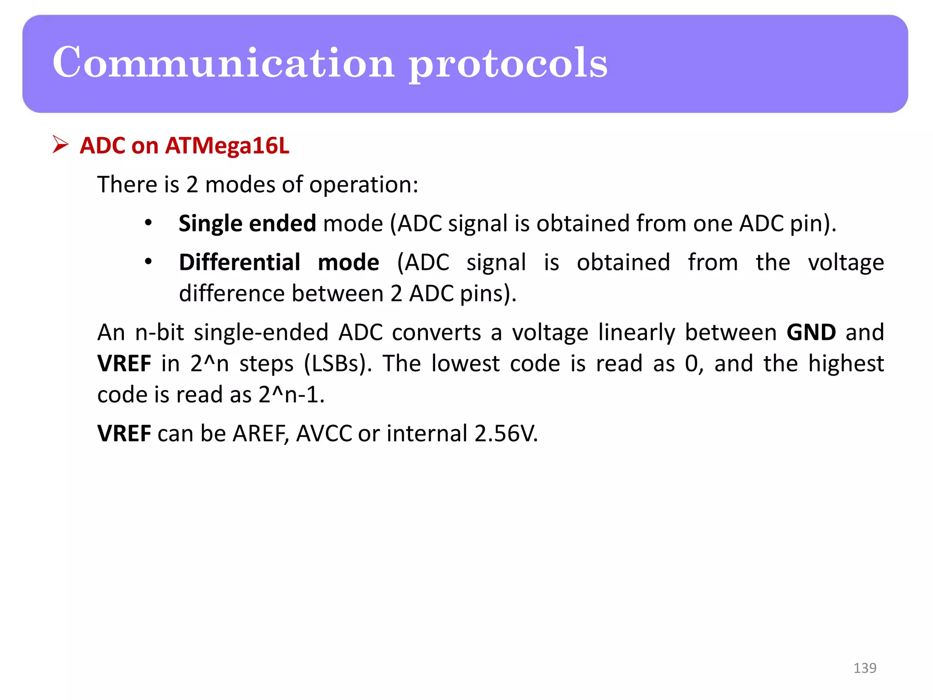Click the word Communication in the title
[223, 62]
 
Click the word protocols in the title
[508, 64]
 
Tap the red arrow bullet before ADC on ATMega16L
[60, 144]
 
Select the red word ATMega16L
[227, 146]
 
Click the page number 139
[864, 668]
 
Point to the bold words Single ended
[247, 223]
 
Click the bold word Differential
[239, 262]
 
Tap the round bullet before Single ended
[148, 223]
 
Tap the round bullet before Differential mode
[148, 262]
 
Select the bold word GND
[811, 332]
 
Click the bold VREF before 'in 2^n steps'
[124, 364]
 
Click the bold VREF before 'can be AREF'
[124, 433]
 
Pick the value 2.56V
[505, 433]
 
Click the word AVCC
[324, 433]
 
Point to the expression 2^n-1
[291, 395]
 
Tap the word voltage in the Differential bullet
[846, 263]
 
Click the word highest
[846, 364]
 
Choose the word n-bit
[159, 332]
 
